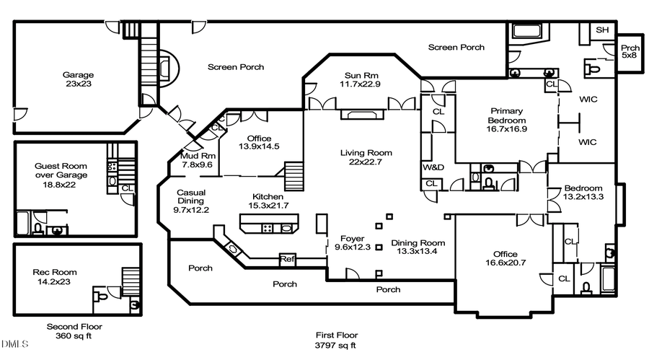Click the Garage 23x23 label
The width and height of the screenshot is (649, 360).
point(77,79)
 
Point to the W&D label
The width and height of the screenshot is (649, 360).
point(432,167)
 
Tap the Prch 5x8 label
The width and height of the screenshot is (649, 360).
point(630,52)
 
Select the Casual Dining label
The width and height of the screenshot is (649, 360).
point(191,201)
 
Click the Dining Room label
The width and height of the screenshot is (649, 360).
point(418,247)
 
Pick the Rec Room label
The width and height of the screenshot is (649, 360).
point(55,277)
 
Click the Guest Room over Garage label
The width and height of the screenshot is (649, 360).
point(61,175)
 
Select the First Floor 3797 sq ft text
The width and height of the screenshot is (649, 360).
point(336,340)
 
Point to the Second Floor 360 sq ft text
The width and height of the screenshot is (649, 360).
point(74,331)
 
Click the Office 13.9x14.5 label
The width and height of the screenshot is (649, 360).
point(259,142)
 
